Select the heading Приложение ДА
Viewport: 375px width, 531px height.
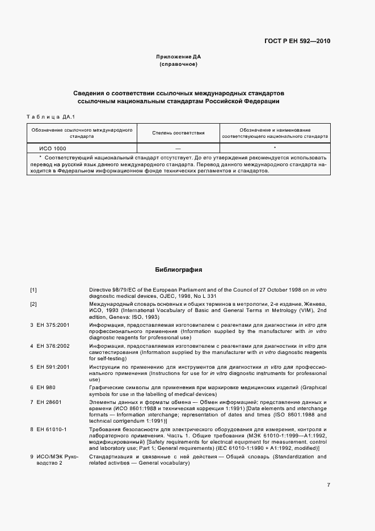[178, 57]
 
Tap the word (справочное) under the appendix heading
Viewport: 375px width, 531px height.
[178, 65]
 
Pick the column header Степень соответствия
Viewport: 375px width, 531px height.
[178, 133]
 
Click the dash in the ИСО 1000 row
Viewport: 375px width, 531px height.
[178, 147]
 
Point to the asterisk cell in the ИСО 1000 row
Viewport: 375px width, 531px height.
[275, 147]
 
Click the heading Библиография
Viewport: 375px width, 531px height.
[178, 270]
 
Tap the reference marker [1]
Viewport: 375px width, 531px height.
[33, 290]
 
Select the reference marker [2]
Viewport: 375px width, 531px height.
[33, 305]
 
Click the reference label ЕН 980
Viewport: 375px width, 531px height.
[43, 387]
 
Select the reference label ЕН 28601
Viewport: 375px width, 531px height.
[46, 402]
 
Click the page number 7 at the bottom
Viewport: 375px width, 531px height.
[328, 484]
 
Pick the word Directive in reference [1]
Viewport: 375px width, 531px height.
[100, 290]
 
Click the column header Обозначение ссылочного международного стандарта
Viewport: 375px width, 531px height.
[82, 133]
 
